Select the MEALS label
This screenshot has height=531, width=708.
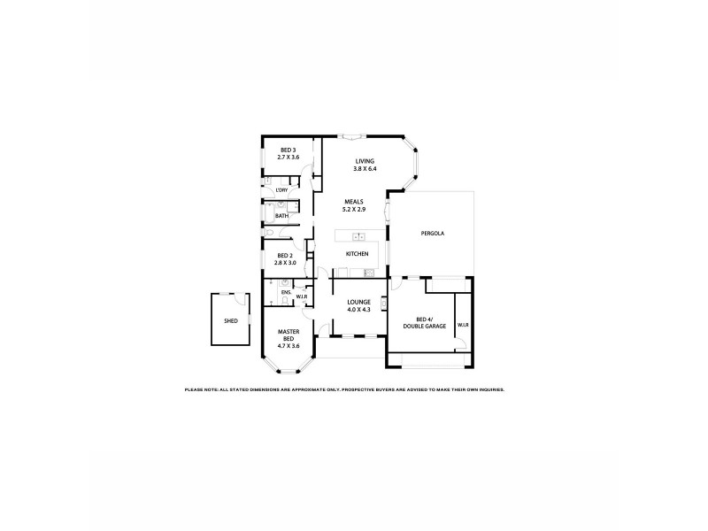[353, 201]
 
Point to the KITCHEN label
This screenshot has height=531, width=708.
[357, 254]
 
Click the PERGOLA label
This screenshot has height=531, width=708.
[432, 234]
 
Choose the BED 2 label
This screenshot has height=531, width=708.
[283, 255]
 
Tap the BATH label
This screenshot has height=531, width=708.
[281, 216]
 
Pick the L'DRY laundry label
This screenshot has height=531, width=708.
[281, 190]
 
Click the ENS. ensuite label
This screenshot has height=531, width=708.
[286, 292]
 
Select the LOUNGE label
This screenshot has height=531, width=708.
[358, 302]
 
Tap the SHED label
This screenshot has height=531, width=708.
[231, 321]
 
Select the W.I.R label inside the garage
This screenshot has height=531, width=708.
[463, 326]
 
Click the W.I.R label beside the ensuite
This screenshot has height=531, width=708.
[301, 296]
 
